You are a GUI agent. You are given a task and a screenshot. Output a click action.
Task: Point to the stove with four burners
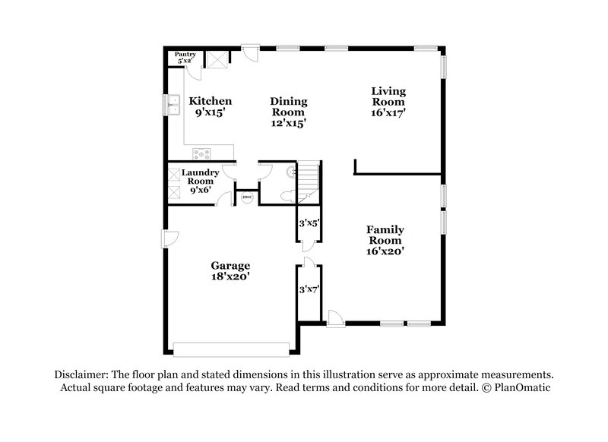(203, 153)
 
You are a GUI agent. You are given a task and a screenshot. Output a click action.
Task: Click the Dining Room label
(289, 106)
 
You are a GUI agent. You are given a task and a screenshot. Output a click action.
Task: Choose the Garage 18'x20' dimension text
(230, 277)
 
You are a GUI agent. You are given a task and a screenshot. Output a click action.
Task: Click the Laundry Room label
(201, 177)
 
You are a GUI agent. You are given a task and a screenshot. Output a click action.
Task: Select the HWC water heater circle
(247, 197)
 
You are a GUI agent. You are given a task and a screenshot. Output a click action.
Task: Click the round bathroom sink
(290, 172)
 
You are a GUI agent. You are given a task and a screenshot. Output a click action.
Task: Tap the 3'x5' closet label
(309, 223)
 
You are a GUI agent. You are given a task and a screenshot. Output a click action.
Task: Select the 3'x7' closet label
(309, 289)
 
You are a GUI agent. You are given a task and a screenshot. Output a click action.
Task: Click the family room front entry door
(335, 318)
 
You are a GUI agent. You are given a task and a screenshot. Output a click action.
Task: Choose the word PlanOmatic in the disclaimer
(521, 388)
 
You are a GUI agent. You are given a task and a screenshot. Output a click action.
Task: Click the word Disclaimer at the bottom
(81, 375)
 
